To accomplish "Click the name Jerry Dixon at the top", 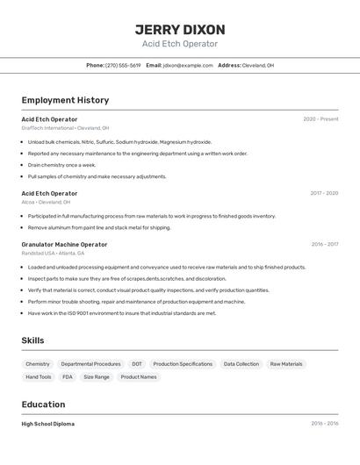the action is pos(180,30).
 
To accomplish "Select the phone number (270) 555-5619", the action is pos(123,65).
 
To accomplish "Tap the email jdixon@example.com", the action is pos(188,65).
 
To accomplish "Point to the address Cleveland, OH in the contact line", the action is pos(258,65).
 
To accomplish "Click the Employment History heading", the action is pos(65,100).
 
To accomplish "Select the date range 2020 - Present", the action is pos(320,118).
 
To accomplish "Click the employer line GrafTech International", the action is pos(65,128).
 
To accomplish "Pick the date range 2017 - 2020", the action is pos(324,193).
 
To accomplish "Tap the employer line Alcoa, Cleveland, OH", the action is pos(46,202).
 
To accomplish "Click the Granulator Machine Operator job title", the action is pos(64,245).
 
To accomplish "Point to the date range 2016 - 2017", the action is pos(324,245).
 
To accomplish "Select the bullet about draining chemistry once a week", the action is pos(61,165).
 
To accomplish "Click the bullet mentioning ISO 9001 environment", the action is pos(121,313).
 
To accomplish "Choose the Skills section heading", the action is pos(32,340).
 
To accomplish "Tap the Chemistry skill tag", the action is pos(38,364).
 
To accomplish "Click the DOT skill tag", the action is pos(137,364).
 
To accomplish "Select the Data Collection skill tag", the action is pos(241,364).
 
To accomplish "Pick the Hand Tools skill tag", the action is pos(39,377).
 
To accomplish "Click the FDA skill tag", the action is pos(68,377).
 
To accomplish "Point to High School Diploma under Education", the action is pos(48,424).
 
